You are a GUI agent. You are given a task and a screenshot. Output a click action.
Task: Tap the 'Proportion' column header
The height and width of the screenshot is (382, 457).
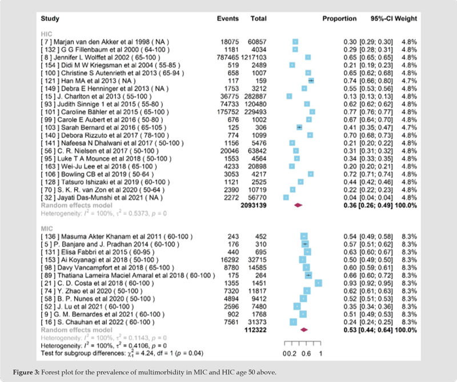(x=339, y=19)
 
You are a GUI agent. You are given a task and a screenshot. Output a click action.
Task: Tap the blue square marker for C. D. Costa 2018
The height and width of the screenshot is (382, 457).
(x=318, y=283)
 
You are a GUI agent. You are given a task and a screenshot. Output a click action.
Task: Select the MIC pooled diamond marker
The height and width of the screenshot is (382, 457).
(x=304, y=329)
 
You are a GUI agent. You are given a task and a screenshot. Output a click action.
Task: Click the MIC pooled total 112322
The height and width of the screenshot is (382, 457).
(x=259, y=329)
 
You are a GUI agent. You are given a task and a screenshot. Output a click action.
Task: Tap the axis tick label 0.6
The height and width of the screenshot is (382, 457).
(x=306, y=354)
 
